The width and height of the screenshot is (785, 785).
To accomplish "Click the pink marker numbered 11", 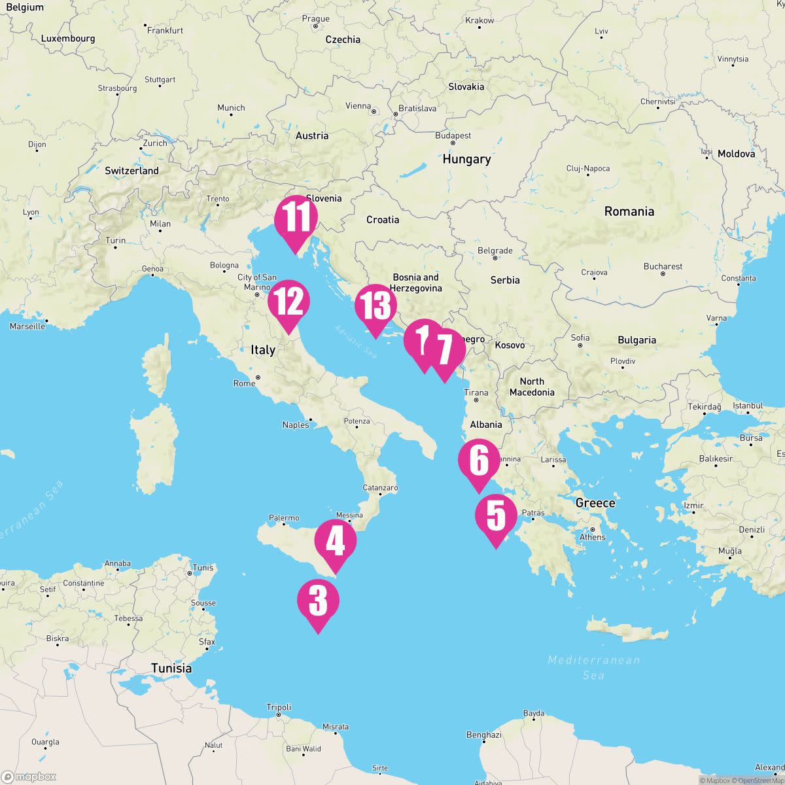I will click(296, 217).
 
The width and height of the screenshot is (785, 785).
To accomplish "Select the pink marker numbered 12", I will click(288, 302).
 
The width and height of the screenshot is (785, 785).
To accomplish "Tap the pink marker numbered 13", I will click(375, 307).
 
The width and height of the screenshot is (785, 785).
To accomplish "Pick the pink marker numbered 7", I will click(445, 350).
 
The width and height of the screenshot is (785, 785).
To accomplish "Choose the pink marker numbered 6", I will click(479, 461).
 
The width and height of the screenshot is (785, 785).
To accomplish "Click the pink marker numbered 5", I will click(496, 515).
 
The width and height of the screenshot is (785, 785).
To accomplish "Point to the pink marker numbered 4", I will click(336, 542).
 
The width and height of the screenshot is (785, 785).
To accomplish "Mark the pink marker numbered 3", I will click(318, 601).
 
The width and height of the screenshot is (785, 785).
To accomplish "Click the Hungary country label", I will click(466, 159).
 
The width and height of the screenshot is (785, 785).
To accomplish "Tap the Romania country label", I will click(629, 211).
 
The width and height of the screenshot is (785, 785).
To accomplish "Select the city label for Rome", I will click(245, 383).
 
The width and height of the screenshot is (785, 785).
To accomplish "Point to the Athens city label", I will click(592, 537).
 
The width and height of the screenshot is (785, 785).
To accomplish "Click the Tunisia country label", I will click(171, 668).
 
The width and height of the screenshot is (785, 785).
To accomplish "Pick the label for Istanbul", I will click(748, 406).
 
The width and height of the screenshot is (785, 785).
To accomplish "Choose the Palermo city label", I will click(284, 518).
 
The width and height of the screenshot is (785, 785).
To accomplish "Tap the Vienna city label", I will click(358, 106).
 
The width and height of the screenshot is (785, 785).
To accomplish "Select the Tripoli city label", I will click(279, 707).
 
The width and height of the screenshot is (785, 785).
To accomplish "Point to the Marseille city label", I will click(27, 326).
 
